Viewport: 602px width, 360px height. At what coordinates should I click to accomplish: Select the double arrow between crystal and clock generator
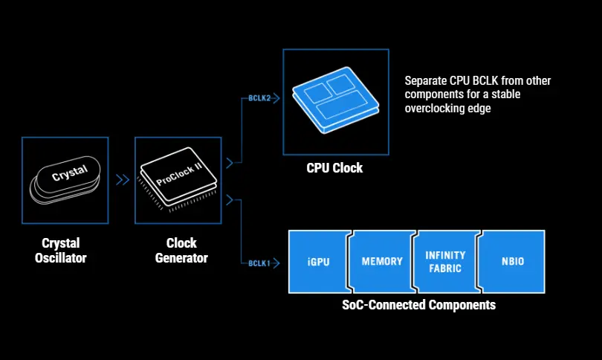121,179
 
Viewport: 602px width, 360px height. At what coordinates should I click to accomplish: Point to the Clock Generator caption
181,251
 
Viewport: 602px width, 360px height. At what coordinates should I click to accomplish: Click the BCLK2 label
258,98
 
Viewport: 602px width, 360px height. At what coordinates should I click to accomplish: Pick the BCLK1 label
258,263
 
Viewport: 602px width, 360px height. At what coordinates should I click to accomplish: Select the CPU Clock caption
334,168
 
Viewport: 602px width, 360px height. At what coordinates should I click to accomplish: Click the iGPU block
318,262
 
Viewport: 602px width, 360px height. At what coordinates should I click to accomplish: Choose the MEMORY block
381,262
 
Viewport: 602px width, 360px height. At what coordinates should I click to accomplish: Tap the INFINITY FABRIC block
445,262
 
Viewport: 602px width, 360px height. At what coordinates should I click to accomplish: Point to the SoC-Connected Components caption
418,305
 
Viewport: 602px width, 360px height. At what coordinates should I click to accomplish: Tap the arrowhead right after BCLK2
276,98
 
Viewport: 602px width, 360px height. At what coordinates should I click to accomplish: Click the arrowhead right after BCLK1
276,263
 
